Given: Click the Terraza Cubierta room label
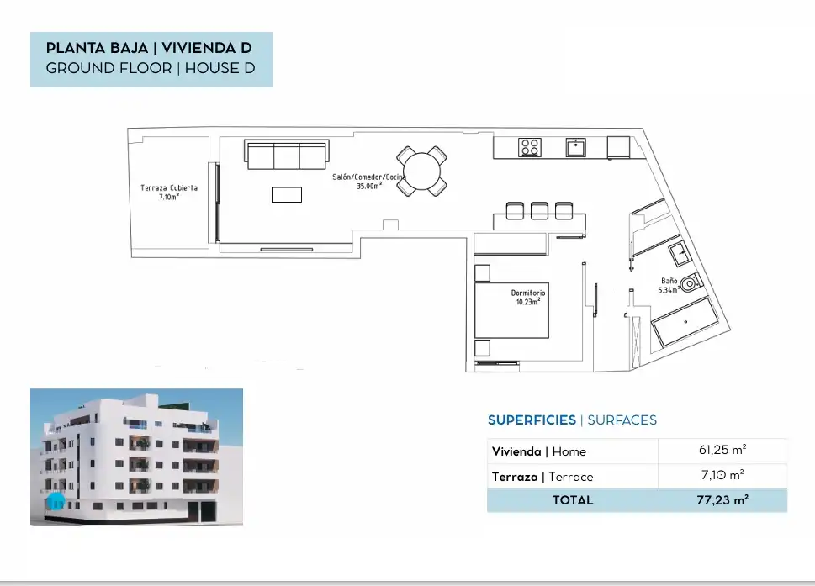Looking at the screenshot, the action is click(169, 193).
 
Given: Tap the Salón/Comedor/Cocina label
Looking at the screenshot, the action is click(368, 182).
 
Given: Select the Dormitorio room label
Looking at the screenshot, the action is click(528, 297).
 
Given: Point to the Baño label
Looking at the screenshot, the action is click(669, 285).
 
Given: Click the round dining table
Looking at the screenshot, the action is click(421, 172).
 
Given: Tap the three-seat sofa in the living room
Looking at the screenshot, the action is click(287, 155).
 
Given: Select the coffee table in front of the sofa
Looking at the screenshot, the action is click(287, 194).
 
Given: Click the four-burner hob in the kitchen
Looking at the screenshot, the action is click(530, 147).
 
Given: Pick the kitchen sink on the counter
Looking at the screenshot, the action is click(576, 147).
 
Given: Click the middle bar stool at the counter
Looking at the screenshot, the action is click(539, 210).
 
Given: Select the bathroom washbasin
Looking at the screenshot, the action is click(680, 254).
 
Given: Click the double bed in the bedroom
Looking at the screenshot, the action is click(511, 310).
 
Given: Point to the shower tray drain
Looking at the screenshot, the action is click(685, 321).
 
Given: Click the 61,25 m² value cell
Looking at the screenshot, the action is click(722, 450).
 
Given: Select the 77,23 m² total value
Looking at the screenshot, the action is click(722, 500).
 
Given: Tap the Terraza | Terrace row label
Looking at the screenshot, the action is click(542, 477).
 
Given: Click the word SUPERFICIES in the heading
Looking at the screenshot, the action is click(532, 420).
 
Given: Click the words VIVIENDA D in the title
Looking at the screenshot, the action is click(207, 48).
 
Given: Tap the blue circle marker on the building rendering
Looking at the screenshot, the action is click(56, 501).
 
